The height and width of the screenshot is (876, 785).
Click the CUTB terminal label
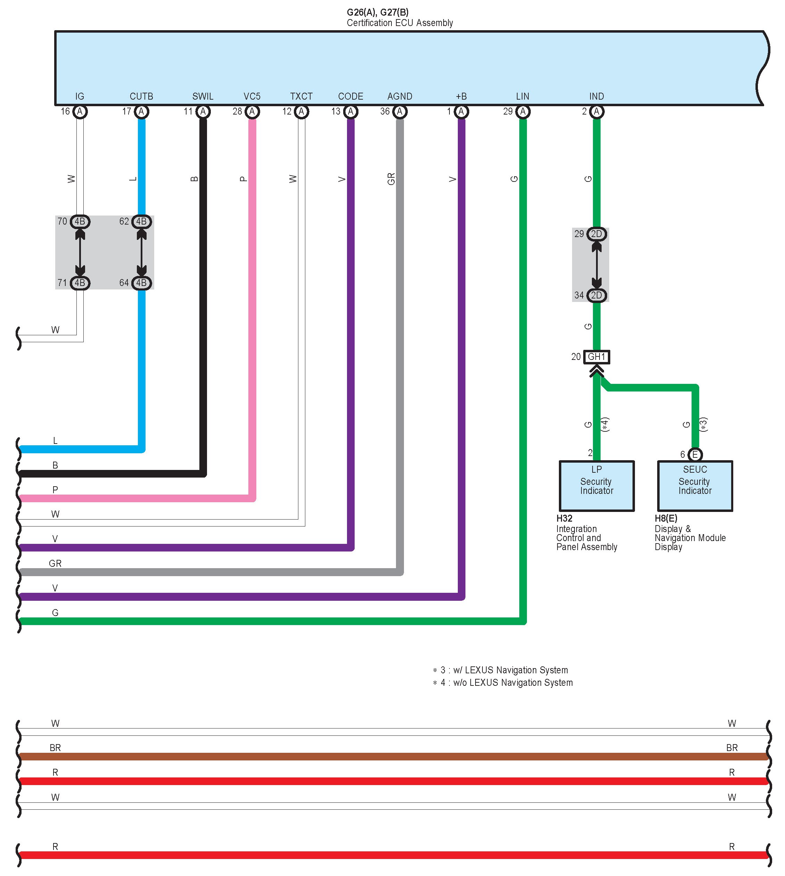click(x=141, y=96)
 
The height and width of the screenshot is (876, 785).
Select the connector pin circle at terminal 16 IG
click(x=80, y=112)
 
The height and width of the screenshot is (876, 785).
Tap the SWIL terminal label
click(x=203, y=96)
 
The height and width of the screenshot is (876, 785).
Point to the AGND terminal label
click(x=400, y=96)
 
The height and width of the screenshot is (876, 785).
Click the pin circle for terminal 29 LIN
click(x=523, y=112)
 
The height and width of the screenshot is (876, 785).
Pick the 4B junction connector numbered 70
click(x=80, y=221)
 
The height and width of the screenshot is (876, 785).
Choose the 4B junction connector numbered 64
click(x=141, y=283)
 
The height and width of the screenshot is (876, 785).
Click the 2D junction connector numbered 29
click(x=596, y=234)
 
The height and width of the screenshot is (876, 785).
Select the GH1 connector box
click(x=596, y=357)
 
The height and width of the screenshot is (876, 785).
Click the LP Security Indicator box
click(x=596, y=486)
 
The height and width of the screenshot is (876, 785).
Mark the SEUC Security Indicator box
click(x=695, y=486)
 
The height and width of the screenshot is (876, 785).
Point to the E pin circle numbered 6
click(x=695, y=454)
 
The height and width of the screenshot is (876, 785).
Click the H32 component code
click(x=564, y=519)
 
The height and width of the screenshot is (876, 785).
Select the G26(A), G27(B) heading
click(x=378, y=12)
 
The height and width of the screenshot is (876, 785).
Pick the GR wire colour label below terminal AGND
click(x=391, y=179)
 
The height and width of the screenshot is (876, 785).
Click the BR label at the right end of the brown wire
click(x=732, y=748)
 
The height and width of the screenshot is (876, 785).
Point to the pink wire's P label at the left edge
click(x=55, y=490)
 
